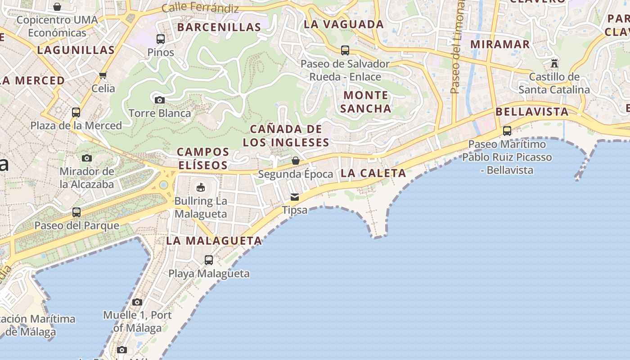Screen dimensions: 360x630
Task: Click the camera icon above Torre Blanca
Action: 159,100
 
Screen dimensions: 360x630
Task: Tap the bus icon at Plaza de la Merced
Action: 76,112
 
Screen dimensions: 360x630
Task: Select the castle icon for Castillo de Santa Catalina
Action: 554,63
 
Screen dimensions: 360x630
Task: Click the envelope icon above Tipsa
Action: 295,197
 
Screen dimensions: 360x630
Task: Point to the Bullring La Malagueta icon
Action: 201,187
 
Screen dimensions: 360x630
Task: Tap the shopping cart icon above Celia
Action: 103,75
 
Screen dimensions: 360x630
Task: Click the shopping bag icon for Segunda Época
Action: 296,161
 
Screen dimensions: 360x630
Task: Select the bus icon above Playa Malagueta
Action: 209,260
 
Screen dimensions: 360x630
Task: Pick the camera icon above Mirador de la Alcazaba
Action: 87,158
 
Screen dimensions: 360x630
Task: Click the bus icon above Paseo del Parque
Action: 76,212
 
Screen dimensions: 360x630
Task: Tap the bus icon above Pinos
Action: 161,39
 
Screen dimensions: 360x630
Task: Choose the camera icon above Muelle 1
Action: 137,302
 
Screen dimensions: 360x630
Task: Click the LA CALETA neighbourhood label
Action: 373,173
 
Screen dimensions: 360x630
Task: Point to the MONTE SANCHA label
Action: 365,102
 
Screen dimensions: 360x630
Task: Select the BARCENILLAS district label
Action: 219,27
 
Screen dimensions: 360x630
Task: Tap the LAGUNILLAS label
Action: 76,50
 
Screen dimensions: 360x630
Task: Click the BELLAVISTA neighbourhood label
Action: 532,112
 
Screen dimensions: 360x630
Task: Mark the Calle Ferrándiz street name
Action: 200,7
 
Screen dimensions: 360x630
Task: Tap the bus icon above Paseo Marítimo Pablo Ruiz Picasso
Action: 507,131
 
